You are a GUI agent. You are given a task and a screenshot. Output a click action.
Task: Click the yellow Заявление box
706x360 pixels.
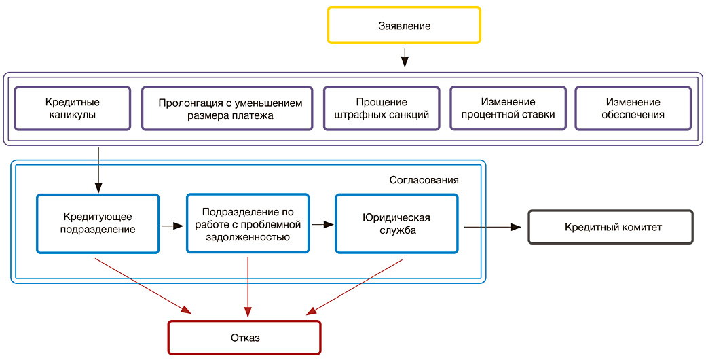tap(404, 26)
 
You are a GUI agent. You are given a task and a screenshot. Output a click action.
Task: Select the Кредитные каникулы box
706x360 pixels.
tap(72, 108)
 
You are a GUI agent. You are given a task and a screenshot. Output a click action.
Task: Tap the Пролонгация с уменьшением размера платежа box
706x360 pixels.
tap(227, 108)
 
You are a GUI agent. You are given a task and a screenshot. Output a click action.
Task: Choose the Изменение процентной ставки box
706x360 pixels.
tap(508, 108)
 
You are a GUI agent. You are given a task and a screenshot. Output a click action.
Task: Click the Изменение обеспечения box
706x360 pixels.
tap(633, 108)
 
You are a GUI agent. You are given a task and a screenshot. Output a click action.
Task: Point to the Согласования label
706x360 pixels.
tap(424, 180)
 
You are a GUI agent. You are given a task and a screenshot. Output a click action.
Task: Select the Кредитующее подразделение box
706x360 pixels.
tap(97, 223)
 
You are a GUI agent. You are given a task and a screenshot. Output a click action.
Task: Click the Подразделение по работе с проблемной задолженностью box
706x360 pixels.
tap(247, 223)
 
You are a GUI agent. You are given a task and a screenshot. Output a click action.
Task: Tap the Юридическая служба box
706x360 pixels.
tap(397, 223)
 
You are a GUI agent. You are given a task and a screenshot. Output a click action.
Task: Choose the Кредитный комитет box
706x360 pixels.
tap(610, 227)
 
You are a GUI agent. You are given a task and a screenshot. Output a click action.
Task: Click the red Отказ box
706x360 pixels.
tap(244, 337)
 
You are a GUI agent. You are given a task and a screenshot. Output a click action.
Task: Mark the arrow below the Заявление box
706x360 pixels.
tap(405, 57)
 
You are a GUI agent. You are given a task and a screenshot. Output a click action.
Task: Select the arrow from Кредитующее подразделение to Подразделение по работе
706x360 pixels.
tap(172, 225)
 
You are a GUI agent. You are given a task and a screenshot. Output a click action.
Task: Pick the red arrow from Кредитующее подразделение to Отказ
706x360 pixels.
tap(143, 285)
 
